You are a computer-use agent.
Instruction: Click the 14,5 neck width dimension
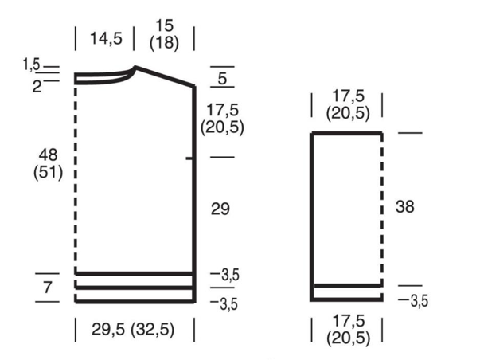pyautogui.click(x=106, y=38)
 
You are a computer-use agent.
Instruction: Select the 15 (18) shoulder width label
pyautogui.click(x=165, y=34)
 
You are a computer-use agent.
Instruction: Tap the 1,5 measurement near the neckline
pyautogui.click(x=32, y=65)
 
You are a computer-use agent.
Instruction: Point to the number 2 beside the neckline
pyautogui.click(x=37, y=87)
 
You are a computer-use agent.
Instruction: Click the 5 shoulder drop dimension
pyautogui.click(x=222, y=78)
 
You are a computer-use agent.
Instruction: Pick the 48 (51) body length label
pyautogui.click(x=48, y=163)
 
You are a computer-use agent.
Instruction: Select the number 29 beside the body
pyautogui.click(x=220, y=209)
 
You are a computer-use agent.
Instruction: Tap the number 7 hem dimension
pyautogui.click(x=47, y=288)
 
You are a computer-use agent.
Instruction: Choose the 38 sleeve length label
pyautogui.click(x=404, y=206)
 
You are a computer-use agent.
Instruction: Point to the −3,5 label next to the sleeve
pyautogui.click(x=413, y=301)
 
